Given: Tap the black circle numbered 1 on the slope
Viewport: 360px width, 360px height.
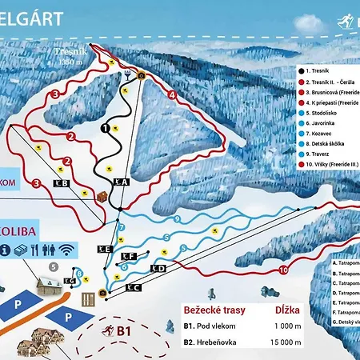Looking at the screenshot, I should point(105,126).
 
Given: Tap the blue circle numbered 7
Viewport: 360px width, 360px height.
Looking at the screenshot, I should point(122,228).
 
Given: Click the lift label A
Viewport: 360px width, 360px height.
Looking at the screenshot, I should point(122,183).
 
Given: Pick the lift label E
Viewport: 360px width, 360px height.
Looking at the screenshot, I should point(104,250).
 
